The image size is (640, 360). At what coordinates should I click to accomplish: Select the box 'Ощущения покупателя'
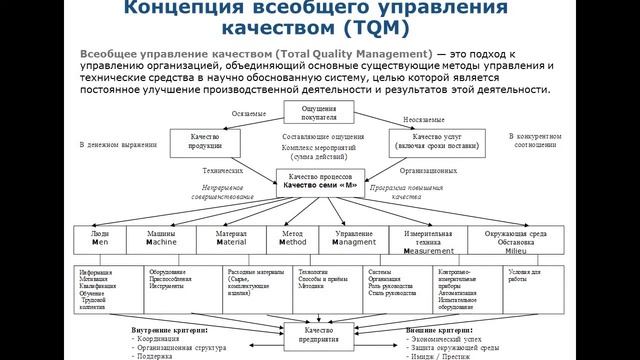(x=318, y=111)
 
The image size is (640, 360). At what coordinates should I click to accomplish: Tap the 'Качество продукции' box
(x=206, y=140)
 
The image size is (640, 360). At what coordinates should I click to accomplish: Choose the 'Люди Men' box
(x=100, y=238)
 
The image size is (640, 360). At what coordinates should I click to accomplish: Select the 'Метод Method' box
(x=292, y=238)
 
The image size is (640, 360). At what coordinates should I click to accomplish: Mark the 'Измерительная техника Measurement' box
(x=428, y=242)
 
